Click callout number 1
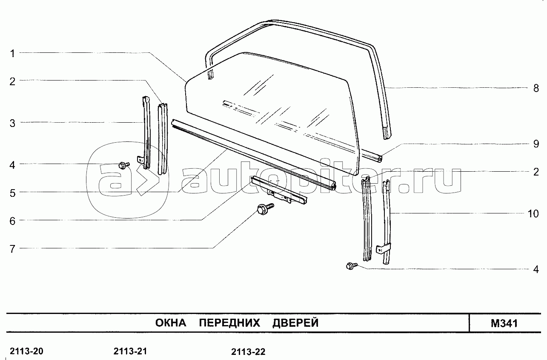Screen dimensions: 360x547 13,54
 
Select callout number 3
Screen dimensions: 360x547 13,124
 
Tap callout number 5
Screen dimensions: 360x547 13,193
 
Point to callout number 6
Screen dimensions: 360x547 13,221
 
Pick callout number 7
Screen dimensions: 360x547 13,249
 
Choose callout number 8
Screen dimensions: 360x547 536,89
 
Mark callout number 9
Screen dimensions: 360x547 536,144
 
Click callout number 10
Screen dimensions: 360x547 533,213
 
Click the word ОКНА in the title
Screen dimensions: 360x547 171,323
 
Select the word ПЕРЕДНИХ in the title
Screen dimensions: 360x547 229,323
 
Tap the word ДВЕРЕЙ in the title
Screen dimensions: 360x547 295,323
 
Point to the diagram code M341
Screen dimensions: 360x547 504,323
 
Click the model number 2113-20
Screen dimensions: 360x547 26,351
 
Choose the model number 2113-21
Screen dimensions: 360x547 130,351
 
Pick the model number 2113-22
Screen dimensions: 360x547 248,352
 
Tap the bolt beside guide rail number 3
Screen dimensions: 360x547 123,165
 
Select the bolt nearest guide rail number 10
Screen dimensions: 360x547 351,266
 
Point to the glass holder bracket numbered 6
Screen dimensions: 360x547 279,190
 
